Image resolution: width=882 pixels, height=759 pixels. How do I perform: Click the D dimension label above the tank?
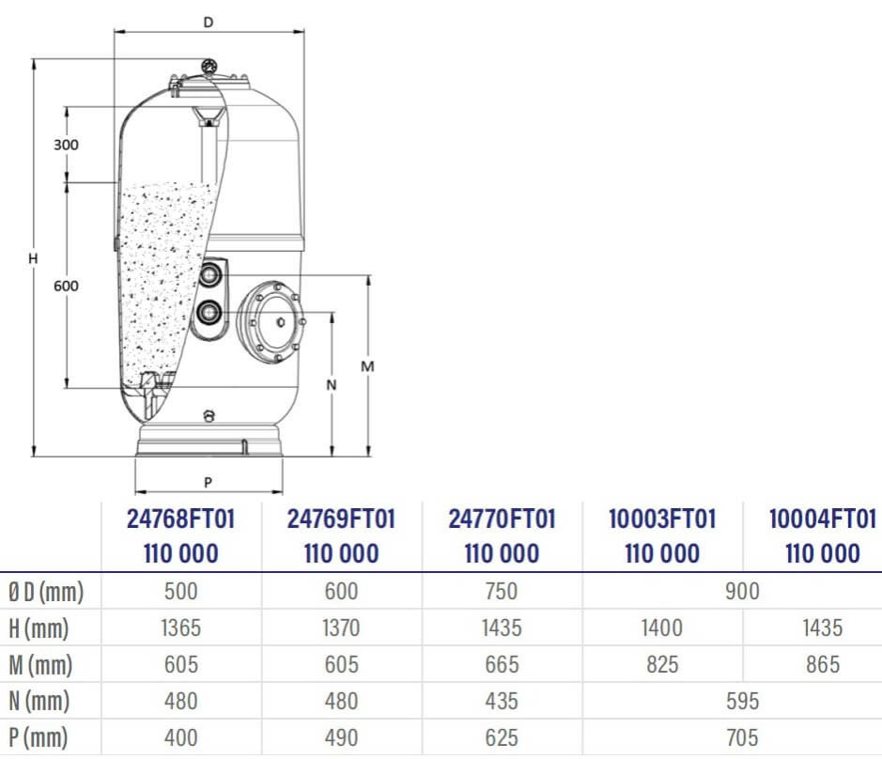[x=209, y=23]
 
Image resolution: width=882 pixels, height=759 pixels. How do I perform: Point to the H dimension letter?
[x=33, y=258]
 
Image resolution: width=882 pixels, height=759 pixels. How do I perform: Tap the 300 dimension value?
[x=66, y=145]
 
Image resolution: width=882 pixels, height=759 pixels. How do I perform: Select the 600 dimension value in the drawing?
[x=66, y=286]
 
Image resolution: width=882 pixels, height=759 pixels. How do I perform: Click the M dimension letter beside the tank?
[x=367, y=366]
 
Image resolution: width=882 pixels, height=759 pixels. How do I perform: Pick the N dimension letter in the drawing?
[x=332, y=385]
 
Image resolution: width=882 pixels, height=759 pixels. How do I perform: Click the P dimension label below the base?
[x=209, y=482]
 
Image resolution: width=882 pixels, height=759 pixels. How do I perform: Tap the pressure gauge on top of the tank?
[x=209, y=66]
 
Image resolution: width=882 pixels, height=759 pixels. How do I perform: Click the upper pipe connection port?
[x=210, y=274]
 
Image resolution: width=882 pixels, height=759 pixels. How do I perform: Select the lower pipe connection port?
[x=209, y=312]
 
